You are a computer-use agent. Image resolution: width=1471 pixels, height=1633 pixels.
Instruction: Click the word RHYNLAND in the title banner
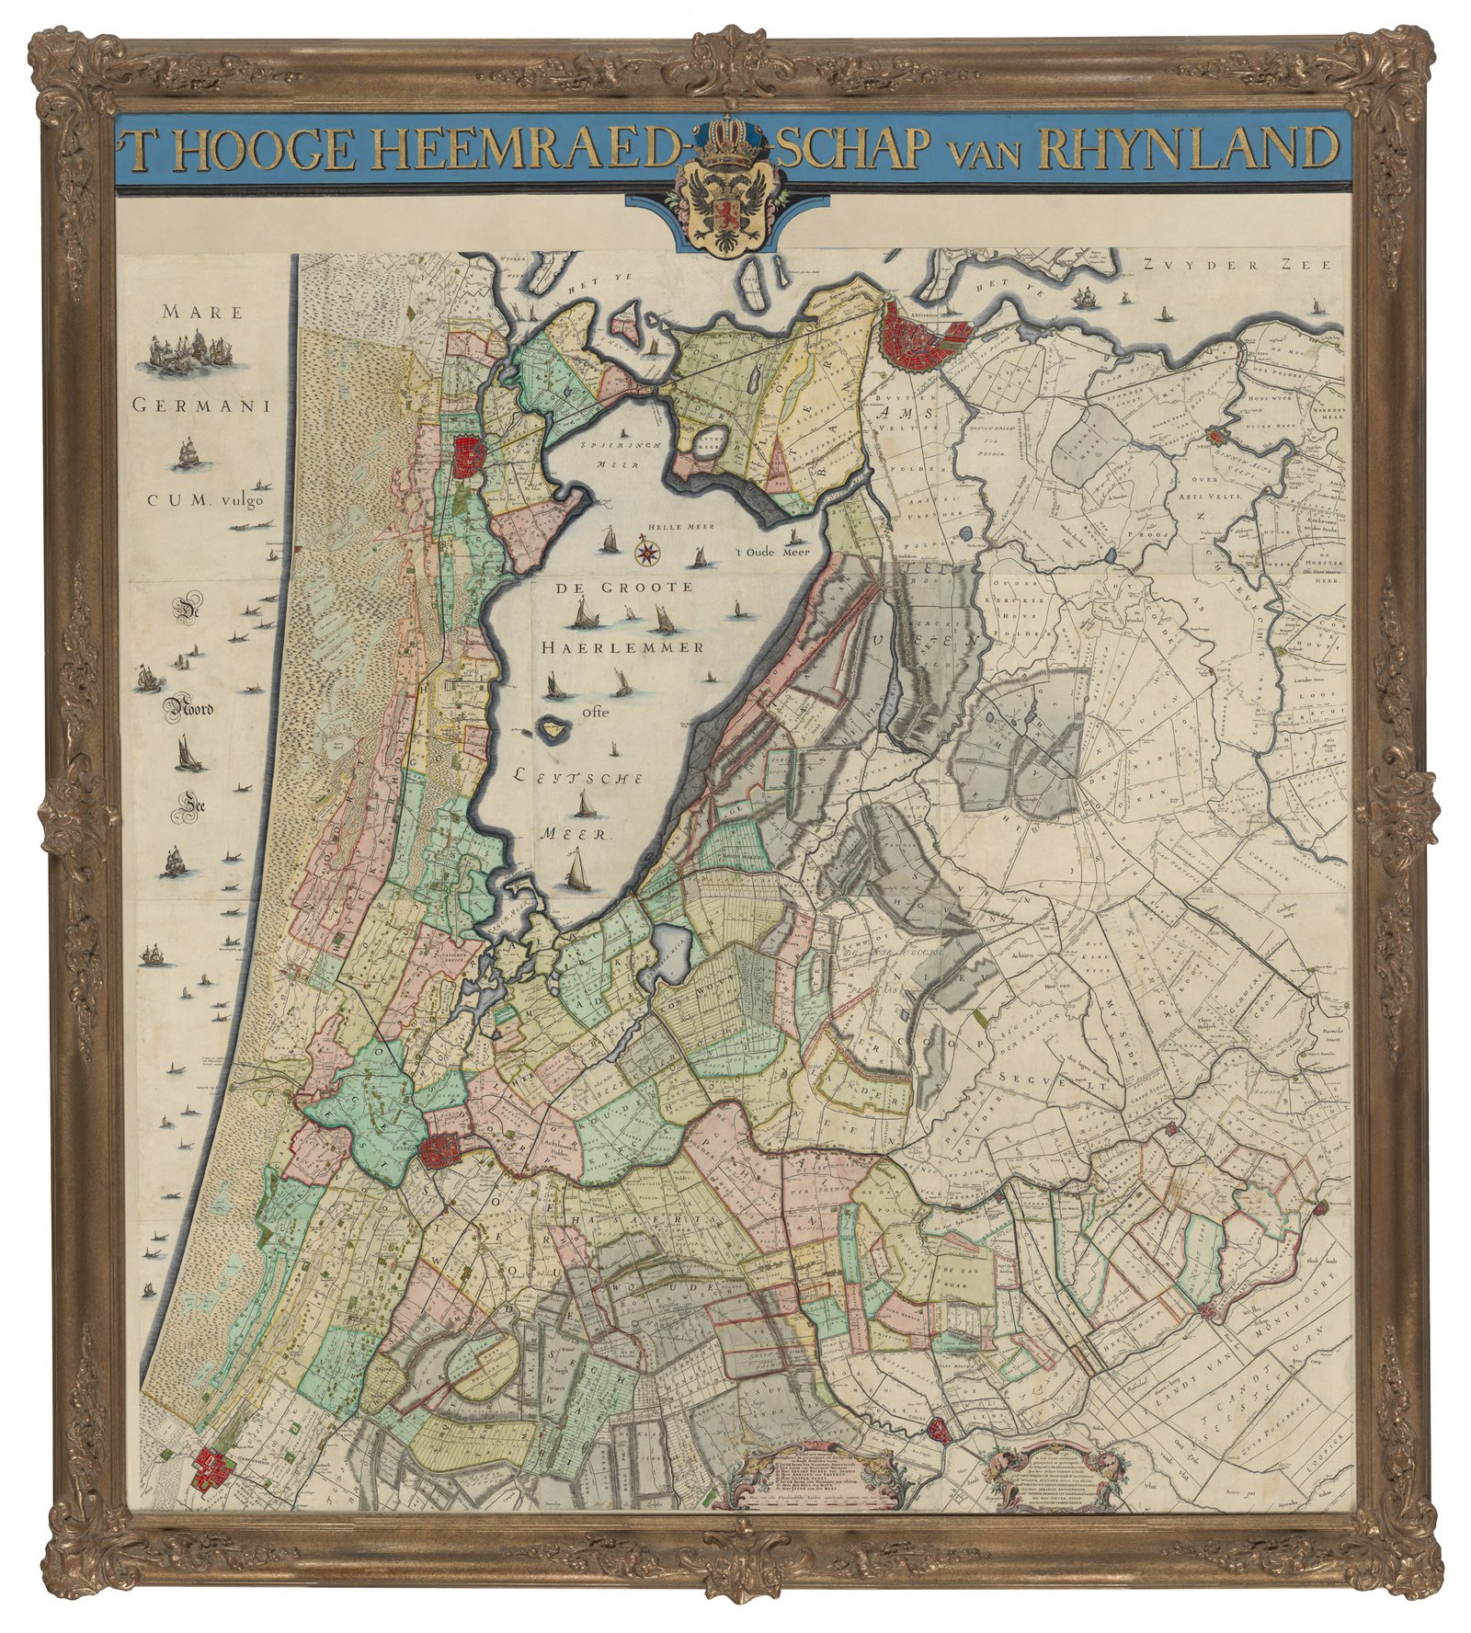click(x=1186, y=147)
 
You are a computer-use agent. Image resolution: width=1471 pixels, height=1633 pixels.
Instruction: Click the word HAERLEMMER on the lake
click(x=622, y=646)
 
